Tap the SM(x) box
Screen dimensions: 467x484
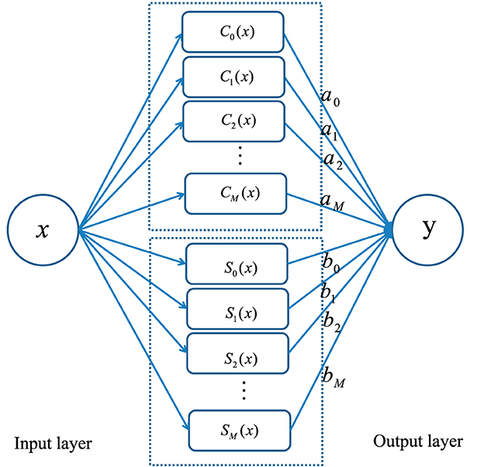(x=240, y=429)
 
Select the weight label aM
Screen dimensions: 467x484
(x=332, y=203)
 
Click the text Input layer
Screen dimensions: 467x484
(x=53, y=444)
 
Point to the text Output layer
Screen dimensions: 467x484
(x=418, y=442)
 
